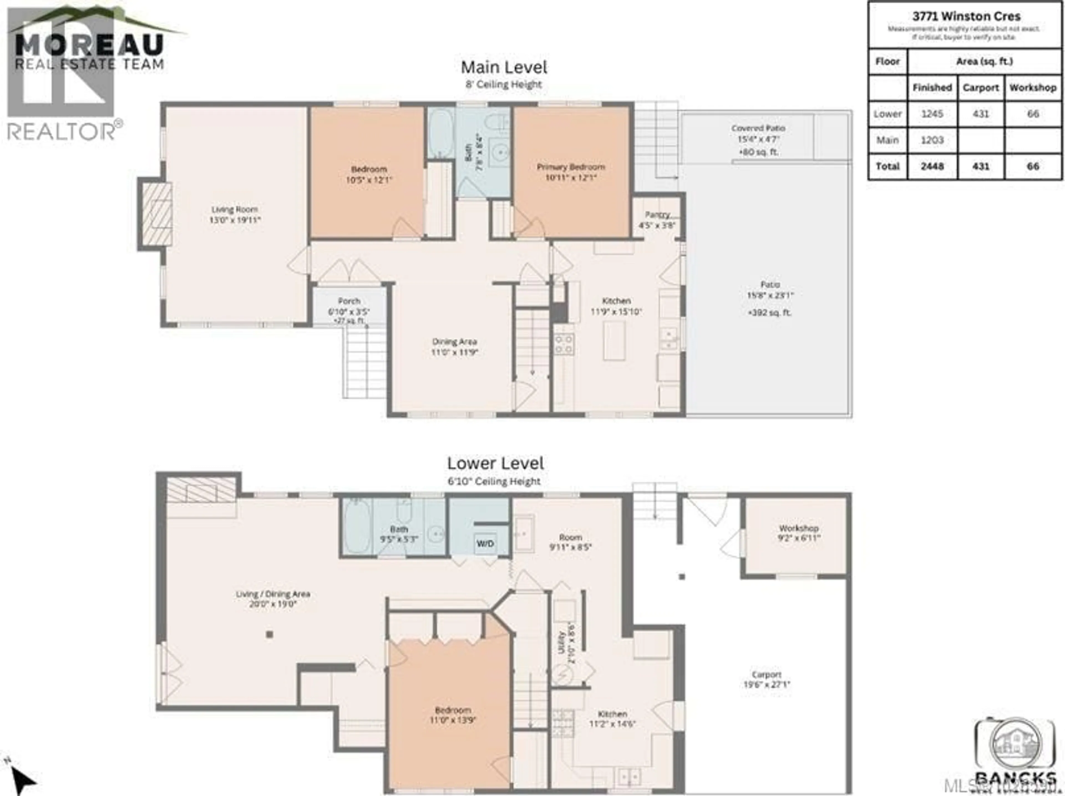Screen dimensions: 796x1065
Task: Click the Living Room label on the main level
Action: click(x=234, y=214)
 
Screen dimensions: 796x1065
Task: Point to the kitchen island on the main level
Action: click(x=614, y=340)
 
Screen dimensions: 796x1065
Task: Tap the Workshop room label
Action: click(x=799, y=533)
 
